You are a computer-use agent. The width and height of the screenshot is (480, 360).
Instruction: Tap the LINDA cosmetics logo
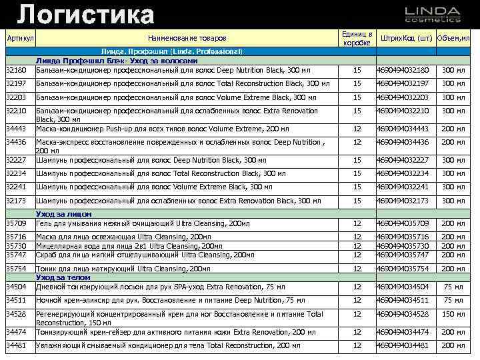432,15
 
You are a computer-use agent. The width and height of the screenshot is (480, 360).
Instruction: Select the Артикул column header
19,38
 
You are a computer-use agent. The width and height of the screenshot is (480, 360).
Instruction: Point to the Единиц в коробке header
357,38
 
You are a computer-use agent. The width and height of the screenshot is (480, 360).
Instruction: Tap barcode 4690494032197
403,83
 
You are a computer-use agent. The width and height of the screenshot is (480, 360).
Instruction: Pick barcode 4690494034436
403,142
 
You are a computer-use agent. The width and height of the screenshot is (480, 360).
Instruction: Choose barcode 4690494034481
403,345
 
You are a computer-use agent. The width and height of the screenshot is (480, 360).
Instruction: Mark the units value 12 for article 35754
357,268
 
